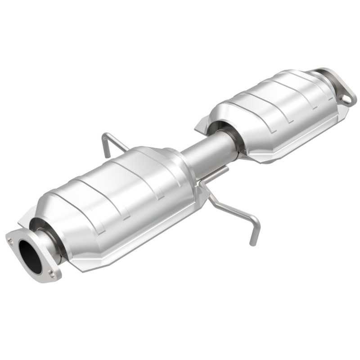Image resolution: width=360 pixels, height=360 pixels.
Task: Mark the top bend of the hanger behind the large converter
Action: [x=108, y=135]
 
